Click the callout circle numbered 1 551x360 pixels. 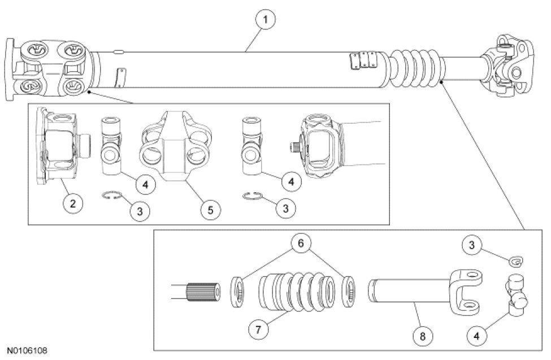[x=265, y=20]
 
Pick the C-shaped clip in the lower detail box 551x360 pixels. [x=516, y=261]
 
